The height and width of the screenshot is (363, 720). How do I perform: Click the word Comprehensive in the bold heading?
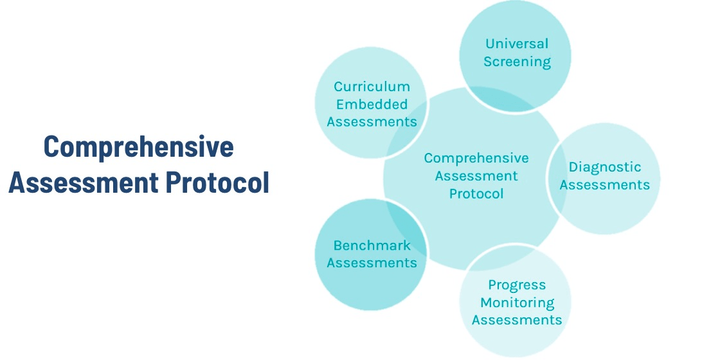point(138,147)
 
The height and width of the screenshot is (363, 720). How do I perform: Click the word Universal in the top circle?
point(517,44)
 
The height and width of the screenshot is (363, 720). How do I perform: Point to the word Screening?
point(517,62)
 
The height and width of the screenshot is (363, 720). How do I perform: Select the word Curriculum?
point(372,86)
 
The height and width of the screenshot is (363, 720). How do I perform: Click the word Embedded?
point(372,104)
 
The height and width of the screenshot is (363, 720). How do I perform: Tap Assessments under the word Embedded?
point(372,121)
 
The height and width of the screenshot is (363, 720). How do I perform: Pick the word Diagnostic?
point(604,167)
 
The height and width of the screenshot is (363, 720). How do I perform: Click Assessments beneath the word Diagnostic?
point(604,185)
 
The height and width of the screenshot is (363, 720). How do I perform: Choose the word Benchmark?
point(372,245)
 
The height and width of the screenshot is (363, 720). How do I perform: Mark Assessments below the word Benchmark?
point(372,263)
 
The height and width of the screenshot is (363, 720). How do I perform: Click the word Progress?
point(517,285)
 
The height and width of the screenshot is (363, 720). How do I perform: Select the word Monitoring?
point(517,302)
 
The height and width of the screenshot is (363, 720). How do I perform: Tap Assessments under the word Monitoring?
point(517,320)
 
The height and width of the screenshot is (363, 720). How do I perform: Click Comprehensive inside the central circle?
point(476,158)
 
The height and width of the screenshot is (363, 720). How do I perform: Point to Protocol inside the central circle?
point(476,193)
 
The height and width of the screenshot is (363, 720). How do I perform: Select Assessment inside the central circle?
point(476,175)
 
